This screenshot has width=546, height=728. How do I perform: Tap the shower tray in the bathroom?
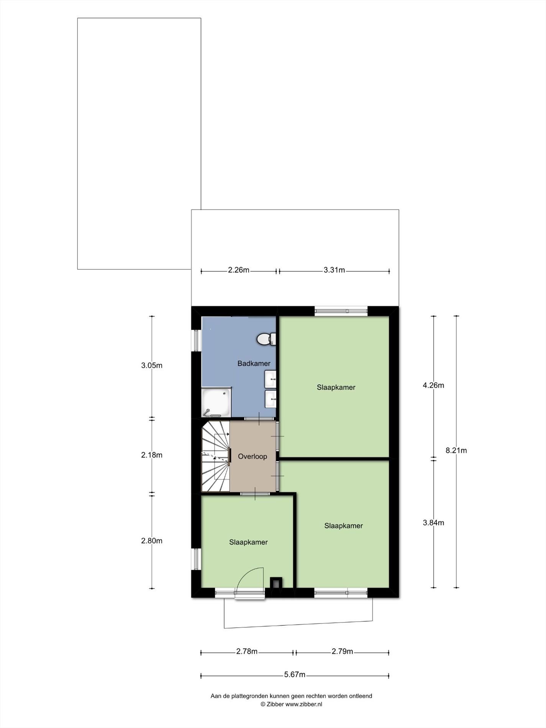coord(216,402)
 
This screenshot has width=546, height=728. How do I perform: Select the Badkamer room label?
coord(254,363)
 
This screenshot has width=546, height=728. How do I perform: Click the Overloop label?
coord(253,456)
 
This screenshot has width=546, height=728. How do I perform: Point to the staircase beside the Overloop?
coord(215,456)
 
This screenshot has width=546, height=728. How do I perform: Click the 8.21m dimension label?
coord(456,451)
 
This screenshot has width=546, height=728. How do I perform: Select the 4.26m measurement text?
coord(433,385)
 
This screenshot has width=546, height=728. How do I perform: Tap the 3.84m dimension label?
coord(433,523)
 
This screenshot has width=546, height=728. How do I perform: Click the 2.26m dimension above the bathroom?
coord(239,270)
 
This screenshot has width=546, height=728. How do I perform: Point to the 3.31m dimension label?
coord(334,270)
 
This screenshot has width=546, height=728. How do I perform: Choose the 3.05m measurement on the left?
coord(152,366)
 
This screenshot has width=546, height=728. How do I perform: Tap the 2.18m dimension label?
coord(152,455)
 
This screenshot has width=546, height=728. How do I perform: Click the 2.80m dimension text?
coord(152,541)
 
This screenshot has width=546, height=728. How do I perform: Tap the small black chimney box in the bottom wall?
coord(276,583)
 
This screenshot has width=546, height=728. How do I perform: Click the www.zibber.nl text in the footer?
coord(303,704)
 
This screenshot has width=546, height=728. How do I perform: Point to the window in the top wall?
coord(341,311)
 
